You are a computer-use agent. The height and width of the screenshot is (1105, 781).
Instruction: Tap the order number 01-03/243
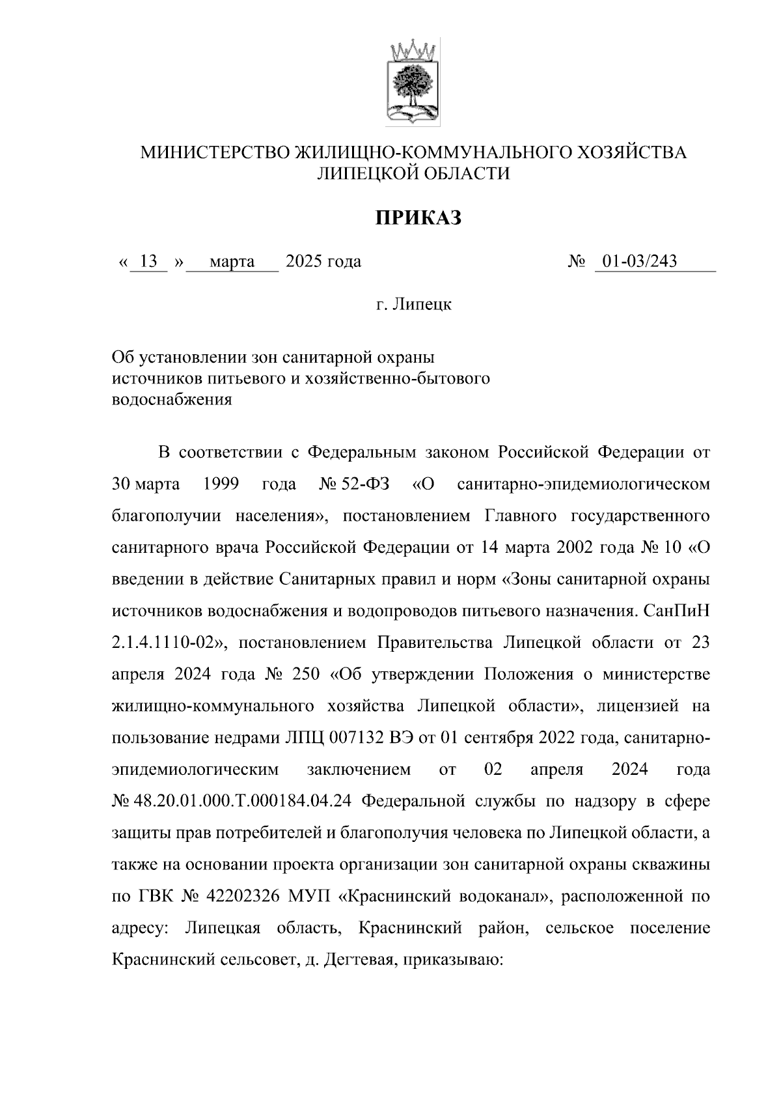pyautogui.click(x=639, y=262)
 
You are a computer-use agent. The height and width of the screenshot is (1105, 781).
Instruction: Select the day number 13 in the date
pyautogui.click(x=148, y=262)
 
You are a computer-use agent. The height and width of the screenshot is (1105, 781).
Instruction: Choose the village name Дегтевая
pyautogui.click(x=354, y=959)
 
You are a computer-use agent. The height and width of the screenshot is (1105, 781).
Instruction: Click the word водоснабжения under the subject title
pyautogui.click(x=172, y=400)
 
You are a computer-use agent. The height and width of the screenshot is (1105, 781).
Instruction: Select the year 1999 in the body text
pyautogui.click(x=221, y=484)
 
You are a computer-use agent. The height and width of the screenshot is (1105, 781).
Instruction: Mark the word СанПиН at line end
pyautogui.click(x=676, y=611)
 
